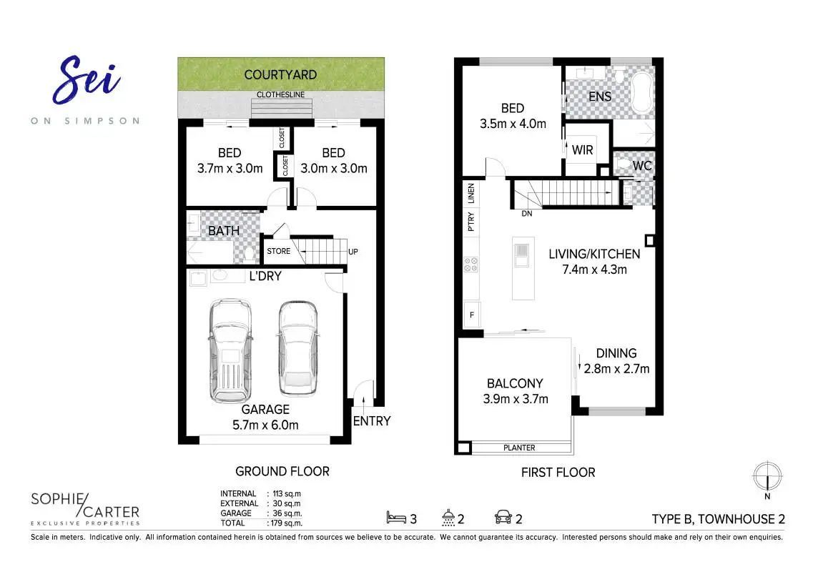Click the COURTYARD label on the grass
[280, 74]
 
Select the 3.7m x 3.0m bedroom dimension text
[230, 169]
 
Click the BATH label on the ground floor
[224, 231]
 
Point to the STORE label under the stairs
[278, 251]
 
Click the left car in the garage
[230, 350]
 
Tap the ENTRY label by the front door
[372, 421]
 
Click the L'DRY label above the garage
[265, 276]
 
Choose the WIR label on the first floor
[583, 150]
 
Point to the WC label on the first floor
[642, 166]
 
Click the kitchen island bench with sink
[523, 268]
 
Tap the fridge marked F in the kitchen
[471, 314]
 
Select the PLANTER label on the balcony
[519, 448]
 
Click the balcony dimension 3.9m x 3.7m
[515, 399]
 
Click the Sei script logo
[86, 81]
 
